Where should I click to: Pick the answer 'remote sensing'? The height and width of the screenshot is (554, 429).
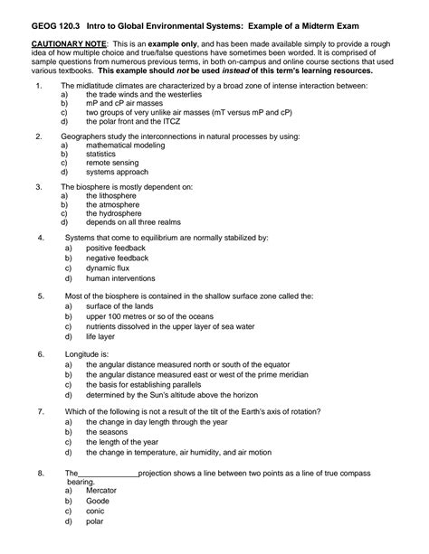pos(111,162)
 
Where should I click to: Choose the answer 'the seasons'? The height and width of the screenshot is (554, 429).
pos(107,432)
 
